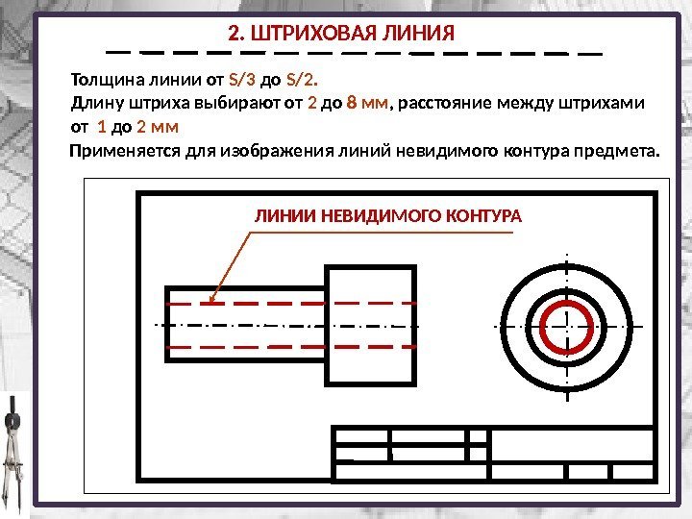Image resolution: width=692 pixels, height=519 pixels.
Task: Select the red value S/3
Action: click(x=242, y=80)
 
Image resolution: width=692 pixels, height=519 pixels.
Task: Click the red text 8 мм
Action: click(x=367, y=103)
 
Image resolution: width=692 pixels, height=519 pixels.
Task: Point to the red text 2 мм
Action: click(x=159, y=127)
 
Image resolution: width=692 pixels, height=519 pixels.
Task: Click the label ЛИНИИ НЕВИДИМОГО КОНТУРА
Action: click(x=388, y=216)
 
